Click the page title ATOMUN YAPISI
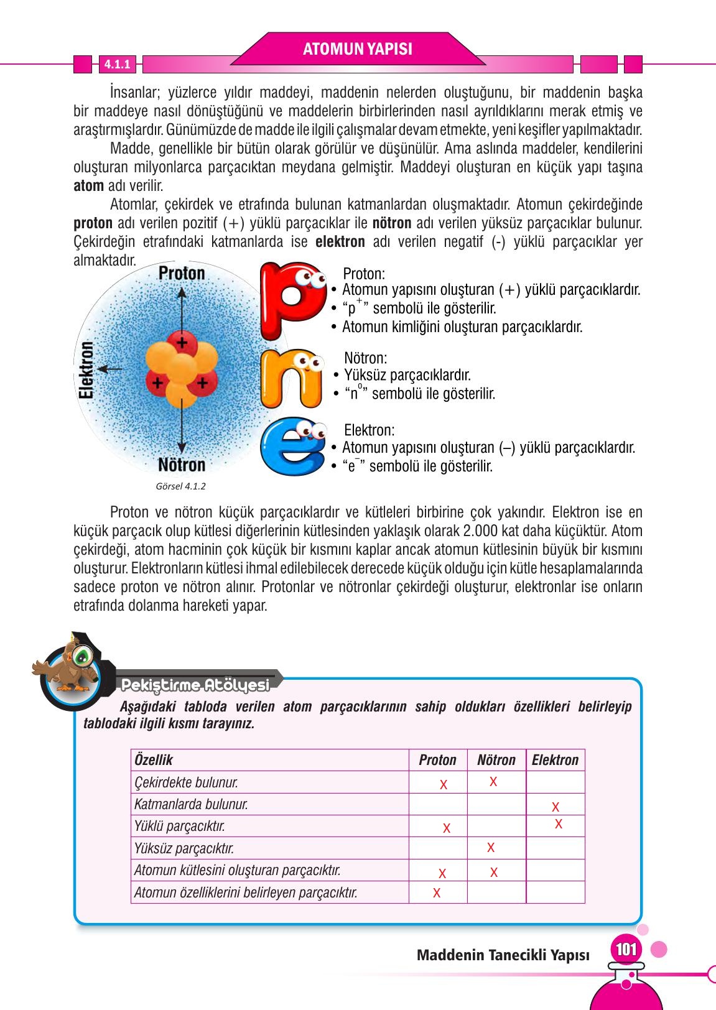(x=357, y=49)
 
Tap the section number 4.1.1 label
(x=116, y=64)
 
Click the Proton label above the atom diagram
(x=182, y=273)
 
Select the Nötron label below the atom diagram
(x=181, y=465)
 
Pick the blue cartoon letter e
(x=291, y=446)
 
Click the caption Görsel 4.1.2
(x=180, y=486)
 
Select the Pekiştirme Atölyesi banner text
(x=195, y=685)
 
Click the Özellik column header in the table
(x=154, y=760)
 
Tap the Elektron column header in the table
(x=555, y=760)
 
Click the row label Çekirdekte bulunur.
(x=186, y=782)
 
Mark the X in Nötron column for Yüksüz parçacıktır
(x=491, y=847)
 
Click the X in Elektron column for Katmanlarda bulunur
(x=556, y=807)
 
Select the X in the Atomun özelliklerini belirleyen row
(x=437, y=893)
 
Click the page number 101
(x=626, y=950)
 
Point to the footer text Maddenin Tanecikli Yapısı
(x=503, y=955)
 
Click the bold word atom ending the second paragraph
(x=88, y=186)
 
